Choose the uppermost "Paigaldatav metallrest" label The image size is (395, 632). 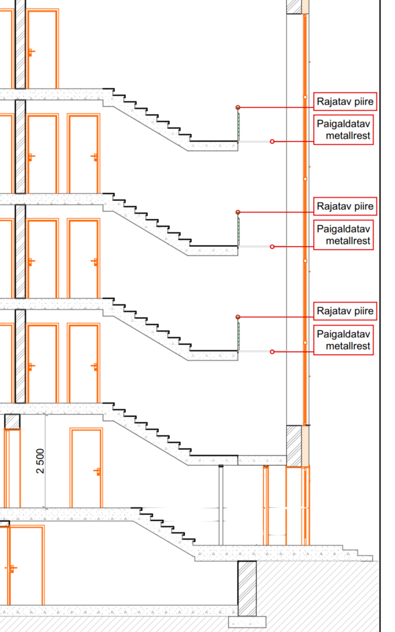(343, 130)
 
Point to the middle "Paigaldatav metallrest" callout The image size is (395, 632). (343, 235)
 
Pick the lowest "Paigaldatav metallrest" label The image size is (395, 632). (343, 340)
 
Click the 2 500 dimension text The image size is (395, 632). (40, 461)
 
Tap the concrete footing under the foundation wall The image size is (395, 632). (247, 621)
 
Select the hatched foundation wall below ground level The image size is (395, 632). (247, 588)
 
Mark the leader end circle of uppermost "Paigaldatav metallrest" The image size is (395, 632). (272, 142)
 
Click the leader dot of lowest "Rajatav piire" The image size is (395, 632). (238, 317)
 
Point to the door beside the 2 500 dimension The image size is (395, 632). (86, 468)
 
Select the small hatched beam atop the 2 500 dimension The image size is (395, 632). (12, 421)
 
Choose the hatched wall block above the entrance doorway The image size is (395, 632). (294, 446)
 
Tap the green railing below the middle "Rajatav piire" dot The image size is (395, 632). (238, 230)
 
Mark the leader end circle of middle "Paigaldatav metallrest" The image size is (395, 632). (272, 246)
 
